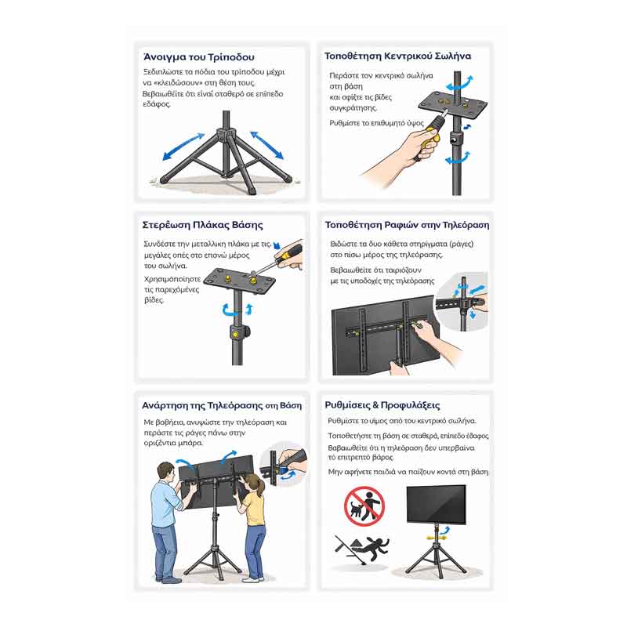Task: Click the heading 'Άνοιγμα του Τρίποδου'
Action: [x=199, y=57]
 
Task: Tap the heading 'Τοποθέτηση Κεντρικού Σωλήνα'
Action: [x=397, y=56]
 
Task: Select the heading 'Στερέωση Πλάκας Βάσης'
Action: [x=203, y=225]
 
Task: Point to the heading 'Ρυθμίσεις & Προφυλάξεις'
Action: [x=382, y=405]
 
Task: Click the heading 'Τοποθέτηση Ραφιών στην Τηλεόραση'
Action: [x=407, y=225]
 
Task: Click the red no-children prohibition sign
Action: [x=364, y=506]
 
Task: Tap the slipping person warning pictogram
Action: [x=362, y=549]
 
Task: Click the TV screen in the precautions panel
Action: [x=437, y=504]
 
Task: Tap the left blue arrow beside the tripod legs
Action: [x=184, y=147]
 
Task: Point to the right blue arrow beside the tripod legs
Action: [x=266, y=145]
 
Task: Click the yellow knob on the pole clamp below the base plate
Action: [x=236, y=332]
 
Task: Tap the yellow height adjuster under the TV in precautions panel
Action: [x=437, y=538]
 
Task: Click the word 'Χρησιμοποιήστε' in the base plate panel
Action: [x=172, y=279]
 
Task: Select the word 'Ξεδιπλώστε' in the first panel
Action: [x=161, y=72]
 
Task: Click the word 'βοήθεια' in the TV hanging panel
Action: [x=169, y=422]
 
